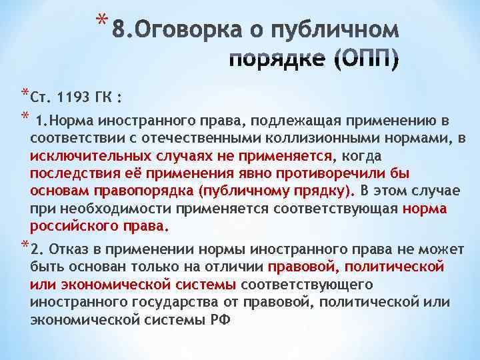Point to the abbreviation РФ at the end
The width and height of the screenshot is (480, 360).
tap(219, 319)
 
